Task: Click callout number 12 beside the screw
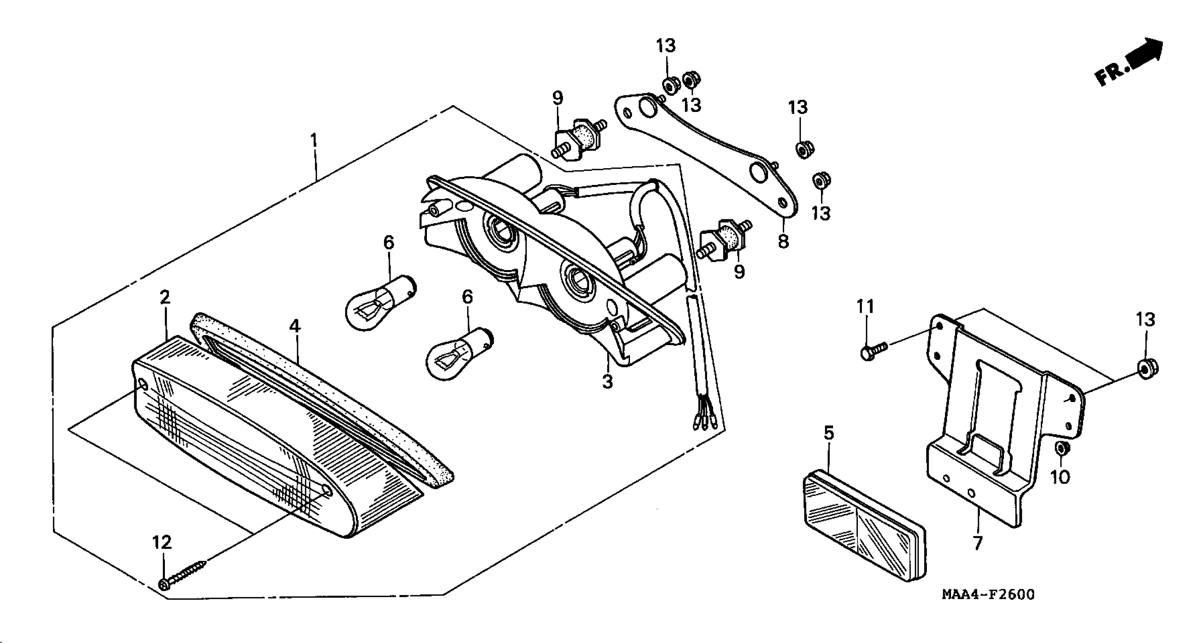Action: point(162,542)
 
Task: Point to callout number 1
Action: point(314,140)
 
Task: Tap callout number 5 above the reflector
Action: point(829,433)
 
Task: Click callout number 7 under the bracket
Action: point(977,543)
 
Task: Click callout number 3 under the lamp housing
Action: point(607,381)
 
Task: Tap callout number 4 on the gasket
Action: point(295,326)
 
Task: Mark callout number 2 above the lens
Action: point(164,297)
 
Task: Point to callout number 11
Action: point(865,306)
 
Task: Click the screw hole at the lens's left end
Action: point(143,386)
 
